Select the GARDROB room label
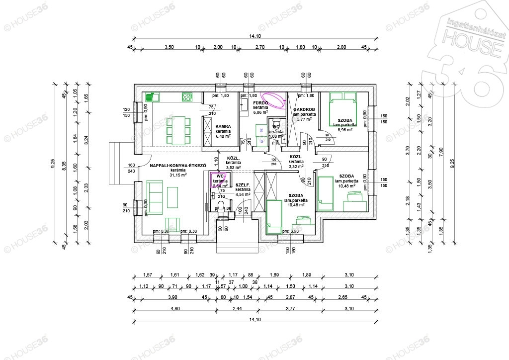[303, 109]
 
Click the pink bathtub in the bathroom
[272, 97]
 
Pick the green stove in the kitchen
[187, 97]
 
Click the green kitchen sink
[151, 97]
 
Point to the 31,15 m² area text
[177, 175]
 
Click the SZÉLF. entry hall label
[242, 184]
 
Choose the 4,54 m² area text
[243, 194]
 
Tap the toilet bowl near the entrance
[221, 207]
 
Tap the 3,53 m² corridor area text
[233, 168]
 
